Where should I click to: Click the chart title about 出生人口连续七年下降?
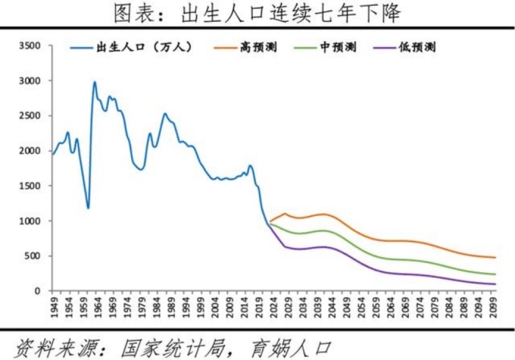[257, 14]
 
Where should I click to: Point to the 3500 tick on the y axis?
[30, 46]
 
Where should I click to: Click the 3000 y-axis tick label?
[30, 81]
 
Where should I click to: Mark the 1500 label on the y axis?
[30, 186]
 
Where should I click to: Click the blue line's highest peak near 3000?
[95, 82]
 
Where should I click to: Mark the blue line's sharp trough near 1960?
[89, 208]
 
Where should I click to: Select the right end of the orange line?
[495, 258]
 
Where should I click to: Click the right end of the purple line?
[495, 284]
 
